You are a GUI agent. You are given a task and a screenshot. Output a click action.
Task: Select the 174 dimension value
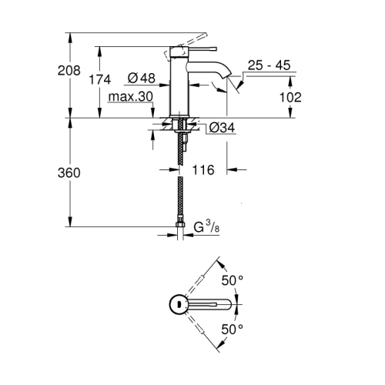pyautogui.click(x=100, y=79)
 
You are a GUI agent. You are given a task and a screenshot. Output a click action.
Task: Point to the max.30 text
pyautogui.click(x=128, y=97)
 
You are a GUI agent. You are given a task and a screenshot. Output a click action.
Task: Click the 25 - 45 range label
pyautogui.click(x=269, y=65)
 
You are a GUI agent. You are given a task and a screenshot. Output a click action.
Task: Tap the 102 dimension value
pyautogui.click(x=290, y=97)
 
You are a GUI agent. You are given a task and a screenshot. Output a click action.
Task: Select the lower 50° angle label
pyautogui.click(x=233, y=330)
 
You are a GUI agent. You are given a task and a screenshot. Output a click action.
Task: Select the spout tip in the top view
pyautogui.click(x=230, y=304)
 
